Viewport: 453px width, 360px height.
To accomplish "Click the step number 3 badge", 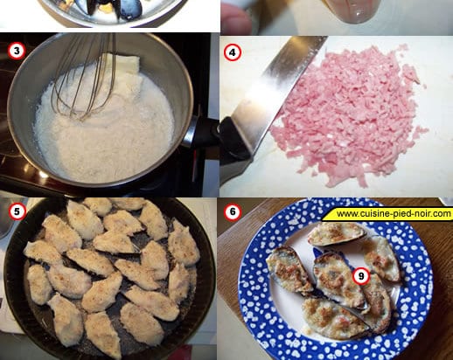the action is tap(17, 52).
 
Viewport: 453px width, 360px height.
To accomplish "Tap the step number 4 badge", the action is tap(233, 52).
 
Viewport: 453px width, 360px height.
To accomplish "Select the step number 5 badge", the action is tap(17, 211).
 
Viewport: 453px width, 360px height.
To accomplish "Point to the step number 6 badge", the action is tap(233, 211).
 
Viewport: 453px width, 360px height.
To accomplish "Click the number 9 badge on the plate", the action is tap(361, 275).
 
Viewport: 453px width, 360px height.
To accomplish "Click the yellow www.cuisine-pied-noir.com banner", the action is tap(387, 214).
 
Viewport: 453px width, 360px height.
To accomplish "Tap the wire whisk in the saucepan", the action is tap(85, 76).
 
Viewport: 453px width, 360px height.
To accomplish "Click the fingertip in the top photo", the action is tap(236, 20).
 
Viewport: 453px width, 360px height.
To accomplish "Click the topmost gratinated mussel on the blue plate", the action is tap(336, 233).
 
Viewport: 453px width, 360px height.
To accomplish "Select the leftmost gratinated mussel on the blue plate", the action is tap(289, 269).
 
